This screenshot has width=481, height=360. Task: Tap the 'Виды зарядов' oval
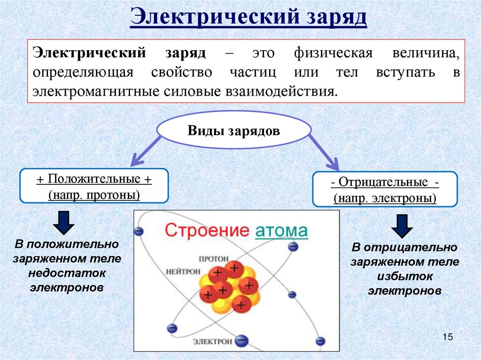[233, 130]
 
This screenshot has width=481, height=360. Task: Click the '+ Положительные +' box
[93, 186]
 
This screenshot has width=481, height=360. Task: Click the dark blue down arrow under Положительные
[64, 222]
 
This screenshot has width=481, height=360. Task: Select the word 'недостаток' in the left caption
[67, 273]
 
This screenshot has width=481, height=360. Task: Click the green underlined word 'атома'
[281, 231]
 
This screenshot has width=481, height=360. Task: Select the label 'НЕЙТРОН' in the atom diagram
[183, 271]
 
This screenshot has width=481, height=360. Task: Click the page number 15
[447, 337]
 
